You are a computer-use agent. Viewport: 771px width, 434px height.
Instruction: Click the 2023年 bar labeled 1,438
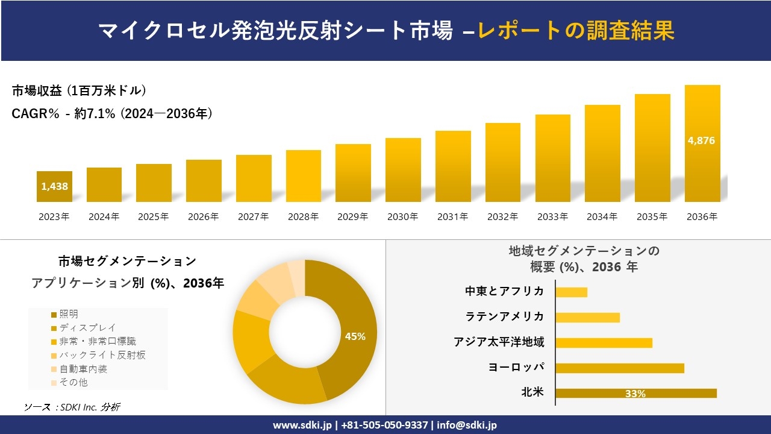coord(54,186)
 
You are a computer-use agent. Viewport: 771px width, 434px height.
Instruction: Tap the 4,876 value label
coord(701,140)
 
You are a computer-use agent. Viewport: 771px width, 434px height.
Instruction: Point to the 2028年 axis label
coord(303,217)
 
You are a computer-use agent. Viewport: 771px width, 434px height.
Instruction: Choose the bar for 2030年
coord(403,170)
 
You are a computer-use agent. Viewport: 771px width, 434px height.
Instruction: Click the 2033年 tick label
coord(552,217)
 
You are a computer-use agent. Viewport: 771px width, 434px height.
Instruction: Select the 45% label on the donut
coord(355,336)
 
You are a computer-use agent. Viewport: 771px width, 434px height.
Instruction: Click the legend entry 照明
coord(69,314)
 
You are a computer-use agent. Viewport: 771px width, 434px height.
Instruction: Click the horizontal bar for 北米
coord(635,393)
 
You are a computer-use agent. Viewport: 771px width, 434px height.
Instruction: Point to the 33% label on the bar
coord(635,394)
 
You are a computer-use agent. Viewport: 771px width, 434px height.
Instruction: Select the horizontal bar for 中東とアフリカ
coord(571,292)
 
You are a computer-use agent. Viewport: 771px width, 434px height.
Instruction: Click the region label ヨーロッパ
coord(516,367)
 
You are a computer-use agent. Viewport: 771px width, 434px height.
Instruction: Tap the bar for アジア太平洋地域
coord(604,342)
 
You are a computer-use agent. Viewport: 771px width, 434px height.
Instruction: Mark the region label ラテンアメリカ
coord(505,316)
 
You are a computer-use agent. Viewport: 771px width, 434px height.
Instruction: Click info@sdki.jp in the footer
coord(467,425)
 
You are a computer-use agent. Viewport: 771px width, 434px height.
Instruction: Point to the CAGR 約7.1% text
coord(112,113)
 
